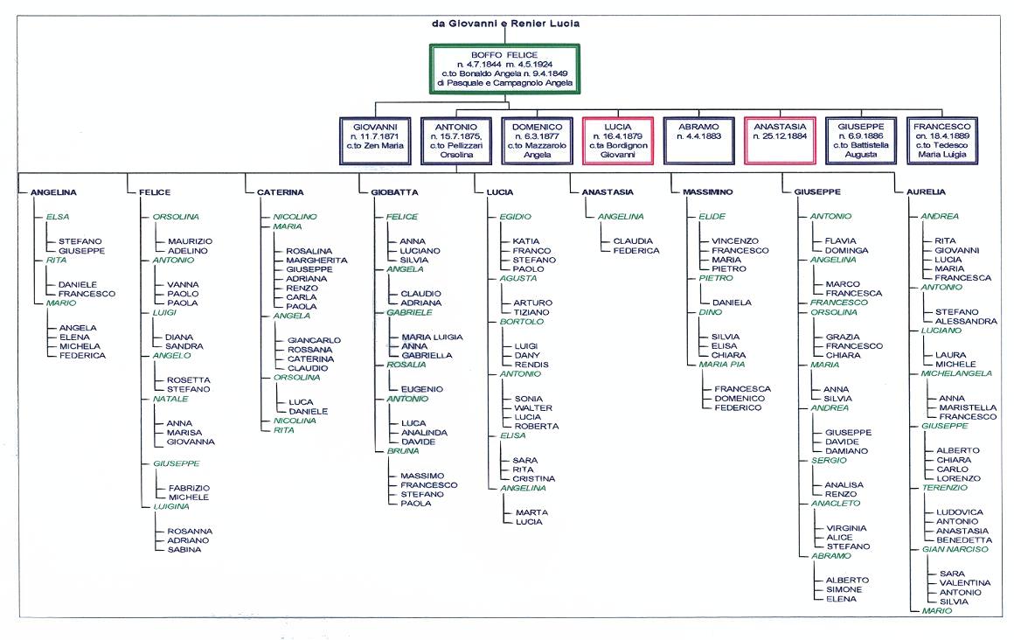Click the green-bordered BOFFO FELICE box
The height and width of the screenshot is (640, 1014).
pos(504,68)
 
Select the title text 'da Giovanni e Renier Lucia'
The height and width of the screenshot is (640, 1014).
pos(506,24)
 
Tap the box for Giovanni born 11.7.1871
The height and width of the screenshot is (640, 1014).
pos(375,141)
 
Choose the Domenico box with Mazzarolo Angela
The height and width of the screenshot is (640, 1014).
pos(537,141)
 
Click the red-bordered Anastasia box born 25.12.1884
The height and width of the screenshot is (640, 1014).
pos(780,141)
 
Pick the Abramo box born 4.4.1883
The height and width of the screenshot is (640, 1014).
pos(698,141)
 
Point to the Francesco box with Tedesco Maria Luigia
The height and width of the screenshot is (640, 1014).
pos(941,141)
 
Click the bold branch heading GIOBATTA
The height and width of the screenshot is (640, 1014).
pos(394,192)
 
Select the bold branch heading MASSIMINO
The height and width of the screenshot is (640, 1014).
pos(708,192)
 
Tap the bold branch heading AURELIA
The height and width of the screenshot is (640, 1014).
pos(926,192)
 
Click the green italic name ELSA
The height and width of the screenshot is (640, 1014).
pos(58,217)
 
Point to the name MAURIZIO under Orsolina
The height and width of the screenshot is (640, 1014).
pos(191,241)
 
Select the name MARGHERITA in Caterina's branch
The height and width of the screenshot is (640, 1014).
pos(316,261)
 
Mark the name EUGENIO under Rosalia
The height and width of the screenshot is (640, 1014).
pos(421,390)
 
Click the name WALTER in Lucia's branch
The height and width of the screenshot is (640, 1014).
pos(533,408)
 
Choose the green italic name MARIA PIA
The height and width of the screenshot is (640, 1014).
pos(722,365)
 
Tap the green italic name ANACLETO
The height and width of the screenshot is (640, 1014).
pos(836,504)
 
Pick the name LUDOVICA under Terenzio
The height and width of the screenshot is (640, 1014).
pos(960,512)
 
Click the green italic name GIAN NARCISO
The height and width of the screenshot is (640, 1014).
pos(955,549)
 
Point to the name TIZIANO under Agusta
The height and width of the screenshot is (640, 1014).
pos(531,312)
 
